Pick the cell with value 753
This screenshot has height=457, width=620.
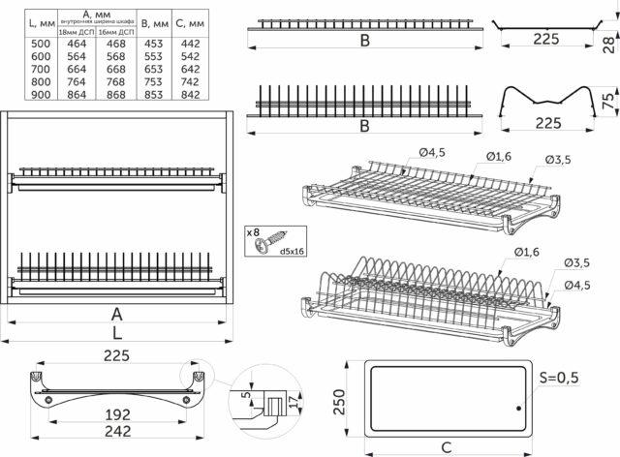[x=151, y=82]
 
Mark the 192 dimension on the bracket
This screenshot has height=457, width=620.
[x=117, y=416]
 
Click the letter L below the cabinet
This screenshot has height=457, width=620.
[x=116, y=332]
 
